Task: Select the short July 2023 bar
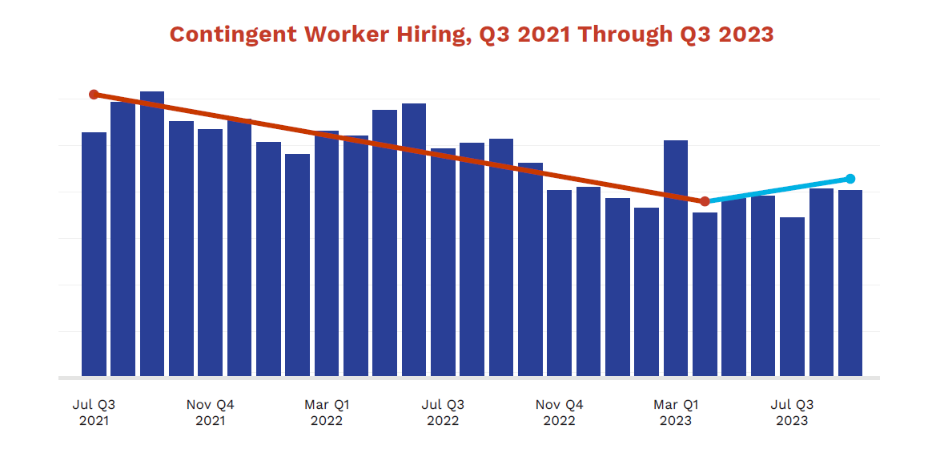pyautogui.click(x=792, y=297)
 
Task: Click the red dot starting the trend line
pyautogui.click(x=94, y=95)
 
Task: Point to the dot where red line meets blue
pyautogui.click(x=705, y=201)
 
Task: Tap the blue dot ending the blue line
pyautogui.click(x=850, y=179)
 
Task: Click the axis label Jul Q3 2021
pyautogui.click(x=94, y=412)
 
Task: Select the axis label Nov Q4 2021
pyautogui.click(x=211, y=412)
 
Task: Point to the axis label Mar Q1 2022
pyautogui.click(x=327, y=412)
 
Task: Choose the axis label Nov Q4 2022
pyautogui.click(x=559, y=412)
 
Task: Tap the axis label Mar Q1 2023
pyautogui.click(x=676, y=412)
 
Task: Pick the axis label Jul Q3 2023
pyautogui.click(x=792, y=412)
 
